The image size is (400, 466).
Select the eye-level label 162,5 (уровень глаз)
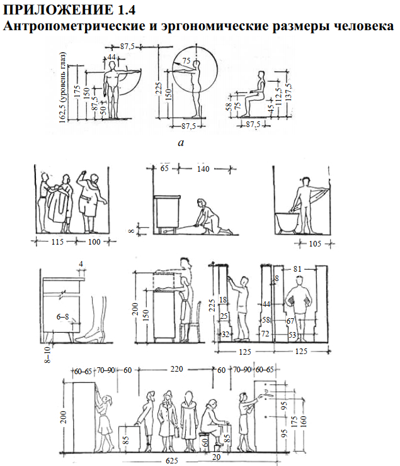click(62, 87)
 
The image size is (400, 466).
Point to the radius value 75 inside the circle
click(186, 60)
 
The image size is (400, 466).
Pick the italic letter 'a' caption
click(181, 143)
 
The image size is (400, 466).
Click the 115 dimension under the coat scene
click(57, 241)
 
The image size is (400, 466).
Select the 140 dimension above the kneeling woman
click(203, 169)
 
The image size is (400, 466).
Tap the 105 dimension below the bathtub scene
click(315, 244)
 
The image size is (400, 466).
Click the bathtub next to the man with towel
click(287, 222)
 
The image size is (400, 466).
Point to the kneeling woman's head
click(202, 203)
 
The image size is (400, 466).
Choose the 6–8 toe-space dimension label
click(62, 317)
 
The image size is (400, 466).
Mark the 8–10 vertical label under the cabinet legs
click(47, 353)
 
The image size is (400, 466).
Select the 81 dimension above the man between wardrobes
click(297, 269)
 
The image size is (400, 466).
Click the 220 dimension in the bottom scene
click(176, 369)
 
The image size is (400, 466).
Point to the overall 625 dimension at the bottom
click(172, 461)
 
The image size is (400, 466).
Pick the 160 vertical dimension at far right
click(303, 420)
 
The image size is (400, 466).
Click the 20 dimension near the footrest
click(216, 457)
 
